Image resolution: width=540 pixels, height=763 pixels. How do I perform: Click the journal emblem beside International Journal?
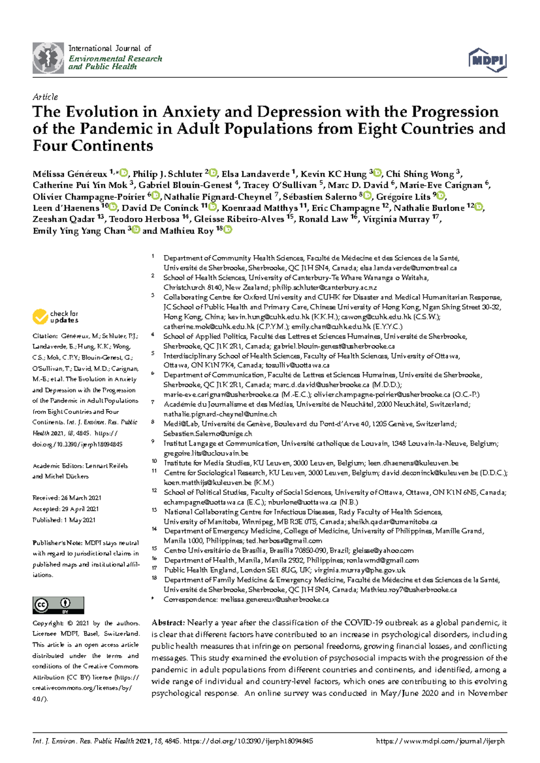[48, 58]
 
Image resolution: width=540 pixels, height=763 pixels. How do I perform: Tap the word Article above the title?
[45, 97]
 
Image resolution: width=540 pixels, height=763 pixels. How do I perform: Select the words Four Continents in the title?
[93, 146]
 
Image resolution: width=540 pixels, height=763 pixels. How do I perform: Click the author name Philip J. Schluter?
[167, 174]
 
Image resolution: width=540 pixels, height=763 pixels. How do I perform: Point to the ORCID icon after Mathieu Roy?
[228, 230]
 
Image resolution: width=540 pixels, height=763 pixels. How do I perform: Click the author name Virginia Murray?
[396, 220]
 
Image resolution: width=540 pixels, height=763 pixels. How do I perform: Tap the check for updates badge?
[55, 317]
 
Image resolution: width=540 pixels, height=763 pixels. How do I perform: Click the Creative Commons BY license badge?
[58, 605]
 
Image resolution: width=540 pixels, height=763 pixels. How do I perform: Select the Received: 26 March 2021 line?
[67, 498]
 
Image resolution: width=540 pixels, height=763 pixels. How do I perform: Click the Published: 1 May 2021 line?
[63, 520]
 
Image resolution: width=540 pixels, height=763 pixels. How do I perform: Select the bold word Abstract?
[168, 623]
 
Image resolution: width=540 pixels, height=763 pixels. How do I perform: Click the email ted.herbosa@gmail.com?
[284, 541]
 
